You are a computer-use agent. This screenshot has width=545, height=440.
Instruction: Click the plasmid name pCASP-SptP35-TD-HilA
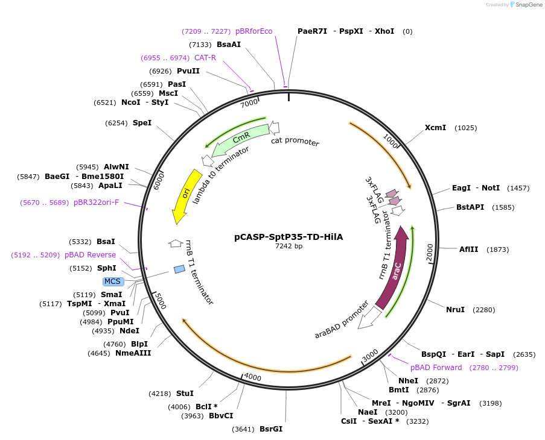coord(288,237)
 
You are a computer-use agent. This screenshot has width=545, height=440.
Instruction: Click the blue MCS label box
coord(113,281)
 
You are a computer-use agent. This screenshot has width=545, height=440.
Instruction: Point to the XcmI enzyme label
coord(435,128)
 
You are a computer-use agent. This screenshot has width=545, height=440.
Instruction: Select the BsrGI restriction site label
coord(271,429)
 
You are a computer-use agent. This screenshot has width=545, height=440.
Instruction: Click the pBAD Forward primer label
coord(436,368)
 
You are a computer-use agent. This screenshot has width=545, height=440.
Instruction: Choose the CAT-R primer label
coord(205,58)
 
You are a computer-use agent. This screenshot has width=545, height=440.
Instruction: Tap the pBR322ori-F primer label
coord(97,203)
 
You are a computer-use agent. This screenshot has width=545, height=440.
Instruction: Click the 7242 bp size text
coord(288,247)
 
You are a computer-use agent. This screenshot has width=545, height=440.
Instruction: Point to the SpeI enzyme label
coord(142,123)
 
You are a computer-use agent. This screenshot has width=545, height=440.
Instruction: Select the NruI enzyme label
coord(455,310)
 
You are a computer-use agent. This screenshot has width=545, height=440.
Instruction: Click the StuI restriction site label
coord(185,394)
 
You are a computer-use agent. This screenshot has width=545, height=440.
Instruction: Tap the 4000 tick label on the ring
coord(252,377)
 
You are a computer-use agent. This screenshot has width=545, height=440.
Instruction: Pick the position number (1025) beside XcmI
coord(466,128)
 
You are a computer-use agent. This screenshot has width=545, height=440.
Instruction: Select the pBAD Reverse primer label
coord(90,255)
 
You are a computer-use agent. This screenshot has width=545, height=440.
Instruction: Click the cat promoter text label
coord(295,142)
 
